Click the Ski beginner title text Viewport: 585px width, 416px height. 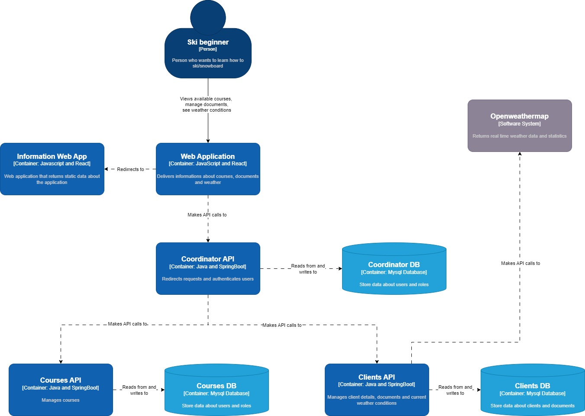[208, 42]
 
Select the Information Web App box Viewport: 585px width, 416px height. [52, 169]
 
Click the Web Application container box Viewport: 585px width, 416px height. [208, 169]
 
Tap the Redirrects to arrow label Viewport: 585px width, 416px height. [130, 169]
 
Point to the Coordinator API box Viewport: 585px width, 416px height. [208, 268]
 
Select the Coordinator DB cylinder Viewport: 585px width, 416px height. [394, 268]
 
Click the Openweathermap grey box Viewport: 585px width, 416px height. [520, 126]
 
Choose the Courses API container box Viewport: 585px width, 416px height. [61, 390]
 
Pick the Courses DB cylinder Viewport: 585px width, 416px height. [217, 390]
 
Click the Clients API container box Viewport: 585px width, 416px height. [377, 390]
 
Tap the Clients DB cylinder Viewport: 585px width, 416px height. [533, 390]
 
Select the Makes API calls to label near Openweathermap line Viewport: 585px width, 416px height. [520, 263]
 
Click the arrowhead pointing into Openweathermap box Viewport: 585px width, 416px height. [520, 154]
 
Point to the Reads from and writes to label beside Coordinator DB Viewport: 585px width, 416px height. [308, 269]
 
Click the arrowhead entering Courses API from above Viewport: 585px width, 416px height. [61, 361]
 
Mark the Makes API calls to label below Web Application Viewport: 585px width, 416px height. [207, 215]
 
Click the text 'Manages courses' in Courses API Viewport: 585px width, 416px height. [61, 400]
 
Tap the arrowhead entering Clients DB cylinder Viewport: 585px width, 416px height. [478, 390]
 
